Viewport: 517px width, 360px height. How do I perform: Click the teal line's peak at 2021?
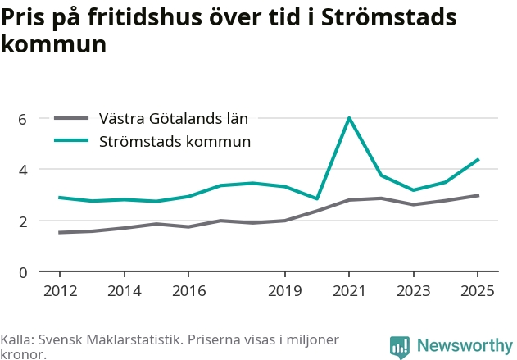click(x=349, y=118)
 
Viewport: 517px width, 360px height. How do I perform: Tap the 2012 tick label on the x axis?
click(x=61, y=291)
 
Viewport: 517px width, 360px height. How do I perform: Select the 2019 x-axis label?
click(x=285, y=291)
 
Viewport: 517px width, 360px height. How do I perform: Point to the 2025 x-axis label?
click(x=478, y=291)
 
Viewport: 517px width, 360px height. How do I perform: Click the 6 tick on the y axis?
click(x=22, y=119)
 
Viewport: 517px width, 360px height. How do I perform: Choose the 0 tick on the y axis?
click(x=23, y=273)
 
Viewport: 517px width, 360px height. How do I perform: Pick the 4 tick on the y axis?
click(x=22, y=171)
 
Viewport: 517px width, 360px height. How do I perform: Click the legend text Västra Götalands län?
click(x=174, y=118)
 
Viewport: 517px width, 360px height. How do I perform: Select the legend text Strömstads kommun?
click(x=175, y=141)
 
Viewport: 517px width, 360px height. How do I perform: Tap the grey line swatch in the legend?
click(x=71, y=118)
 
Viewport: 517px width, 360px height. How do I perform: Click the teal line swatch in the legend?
click(x=71, y=140)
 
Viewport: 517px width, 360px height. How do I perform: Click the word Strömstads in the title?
click(x=388, y=17)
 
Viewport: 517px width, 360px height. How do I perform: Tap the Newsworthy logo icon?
click(x=400, y=348)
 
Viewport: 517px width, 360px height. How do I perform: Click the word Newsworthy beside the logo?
click(x=465, y=346)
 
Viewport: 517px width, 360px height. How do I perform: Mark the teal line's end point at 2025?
click(x=478, y=160)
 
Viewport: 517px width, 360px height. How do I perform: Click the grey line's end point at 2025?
click(x=478, y=195)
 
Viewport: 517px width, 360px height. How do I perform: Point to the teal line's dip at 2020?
click(x=317, y=198)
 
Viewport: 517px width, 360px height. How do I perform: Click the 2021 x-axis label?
click(x=349, y=291)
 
